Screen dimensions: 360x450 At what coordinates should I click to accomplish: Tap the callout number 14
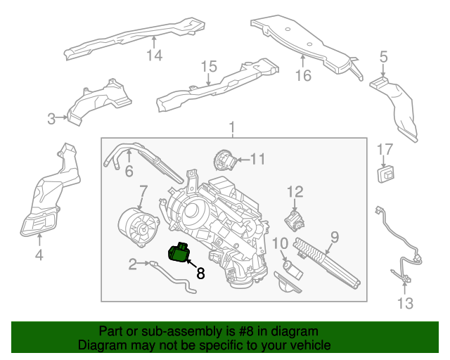point(154,55)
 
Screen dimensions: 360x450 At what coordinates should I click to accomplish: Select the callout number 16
point(302,75)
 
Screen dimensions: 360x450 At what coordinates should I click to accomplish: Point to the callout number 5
point(383,56)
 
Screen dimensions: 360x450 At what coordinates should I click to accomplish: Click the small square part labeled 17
point(386,172)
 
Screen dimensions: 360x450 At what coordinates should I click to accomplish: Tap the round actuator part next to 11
point(224,161)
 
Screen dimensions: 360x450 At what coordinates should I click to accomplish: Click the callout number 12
point(294,191)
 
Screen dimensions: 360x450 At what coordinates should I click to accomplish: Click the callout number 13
point(406,303)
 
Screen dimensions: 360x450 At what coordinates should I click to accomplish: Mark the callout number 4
point(39,255)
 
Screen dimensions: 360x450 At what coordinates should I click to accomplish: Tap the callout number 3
point(51,119)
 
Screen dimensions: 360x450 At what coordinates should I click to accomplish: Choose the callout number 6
point(129,171)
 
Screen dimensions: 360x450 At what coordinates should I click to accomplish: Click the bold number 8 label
point(200,274)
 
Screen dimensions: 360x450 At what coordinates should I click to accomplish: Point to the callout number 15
point(209,67)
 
